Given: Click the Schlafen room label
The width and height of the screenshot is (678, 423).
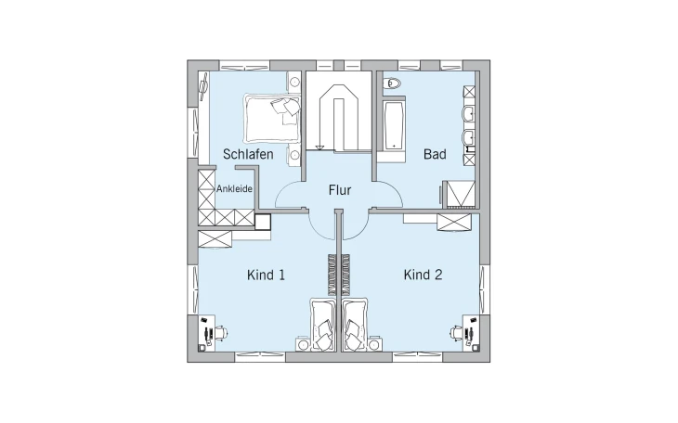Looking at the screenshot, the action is pos(248,154).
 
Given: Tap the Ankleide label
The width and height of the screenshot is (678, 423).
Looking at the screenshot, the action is pos(234,189).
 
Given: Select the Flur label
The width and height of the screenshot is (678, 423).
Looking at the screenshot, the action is pos(340,190).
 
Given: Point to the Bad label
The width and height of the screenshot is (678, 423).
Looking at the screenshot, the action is pos(435,154).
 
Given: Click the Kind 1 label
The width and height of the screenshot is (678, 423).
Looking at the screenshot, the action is pos(266,275).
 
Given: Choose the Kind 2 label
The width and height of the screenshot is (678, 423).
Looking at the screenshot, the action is pos(423,275).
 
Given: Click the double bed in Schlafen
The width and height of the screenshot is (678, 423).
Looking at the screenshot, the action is pos(272,119).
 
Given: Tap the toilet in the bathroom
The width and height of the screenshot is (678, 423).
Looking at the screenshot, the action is pos(392,83).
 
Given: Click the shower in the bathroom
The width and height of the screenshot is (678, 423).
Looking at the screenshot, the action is pos(461,193).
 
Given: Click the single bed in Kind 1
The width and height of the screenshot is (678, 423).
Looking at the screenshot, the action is pos(322,324).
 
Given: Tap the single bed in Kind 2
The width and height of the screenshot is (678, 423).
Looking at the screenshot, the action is pos(356,324).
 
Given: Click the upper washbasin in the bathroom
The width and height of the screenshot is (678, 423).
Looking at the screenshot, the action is pos(469,114).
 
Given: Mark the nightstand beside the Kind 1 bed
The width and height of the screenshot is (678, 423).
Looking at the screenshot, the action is pos(303,344).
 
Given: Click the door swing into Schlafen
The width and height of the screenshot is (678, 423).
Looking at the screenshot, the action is pos(291,195).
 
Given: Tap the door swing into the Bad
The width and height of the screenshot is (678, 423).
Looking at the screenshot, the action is pos(387,195).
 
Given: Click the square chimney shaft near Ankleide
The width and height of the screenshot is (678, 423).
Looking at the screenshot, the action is pos(263,222).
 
